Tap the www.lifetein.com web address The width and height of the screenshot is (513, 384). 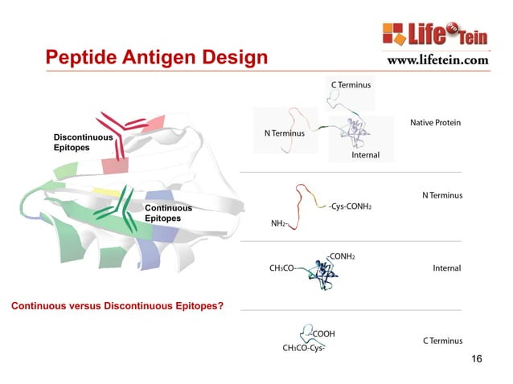click(437, 59)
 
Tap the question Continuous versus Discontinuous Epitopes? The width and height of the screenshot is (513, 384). click(116, 306)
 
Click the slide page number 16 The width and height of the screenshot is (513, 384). click(476, 358)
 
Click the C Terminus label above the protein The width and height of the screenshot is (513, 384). click(351, 84)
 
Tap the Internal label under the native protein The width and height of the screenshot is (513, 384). click(365, 155)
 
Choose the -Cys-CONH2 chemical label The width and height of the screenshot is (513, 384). click(350, 206)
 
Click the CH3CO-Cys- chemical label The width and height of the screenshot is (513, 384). click(305, 349)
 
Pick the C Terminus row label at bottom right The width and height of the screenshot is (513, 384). click(442, 341)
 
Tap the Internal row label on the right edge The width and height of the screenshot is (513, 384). click(446, 268)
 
